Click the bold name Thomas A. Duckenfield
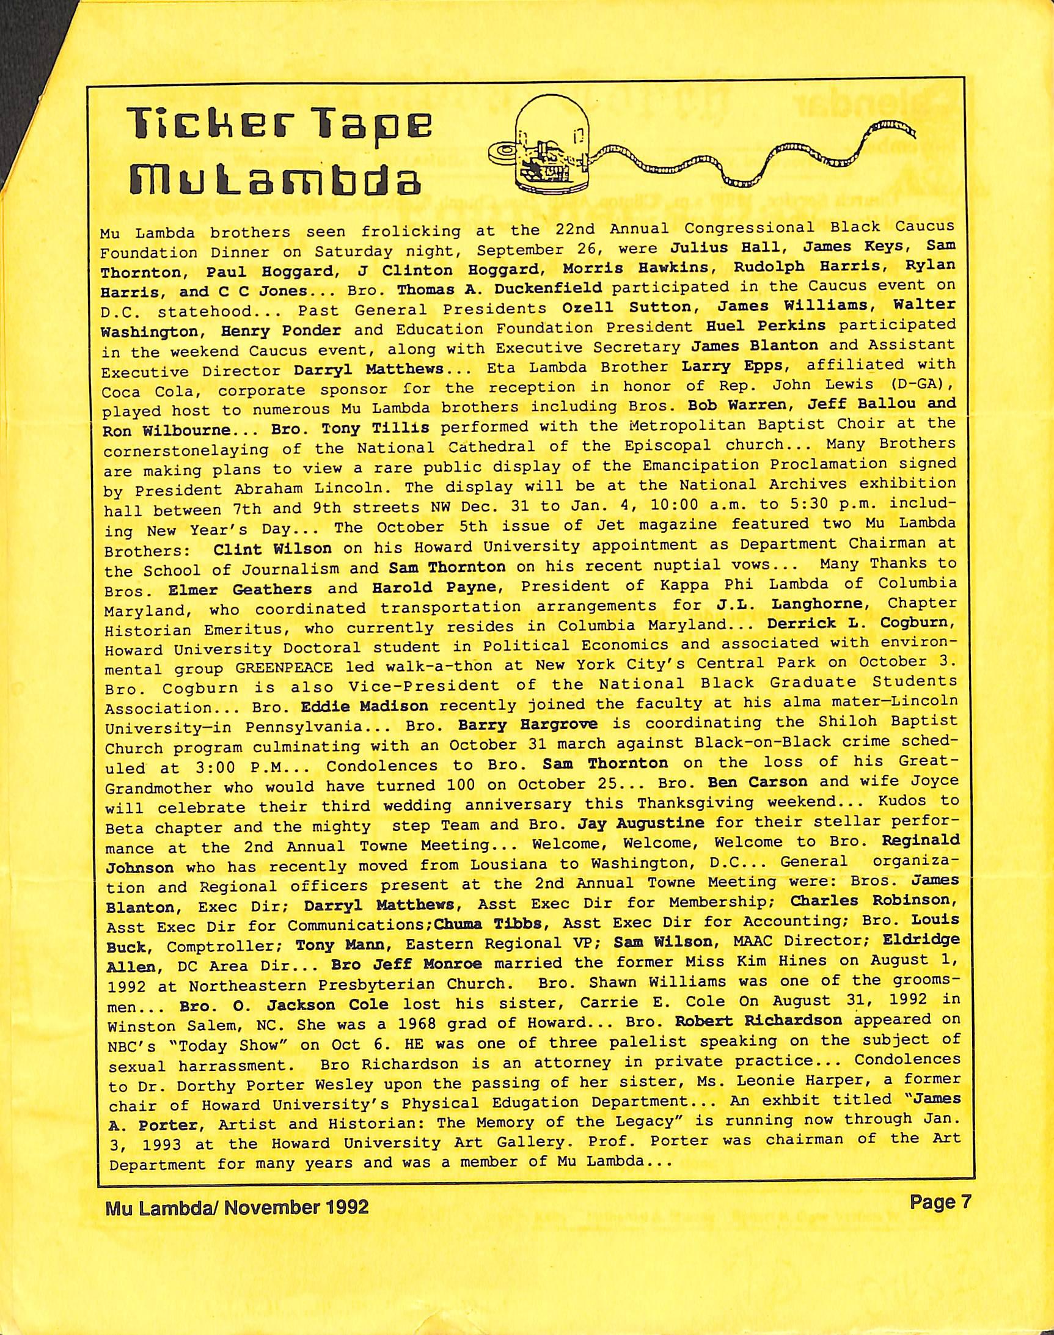click(x=499, y=288)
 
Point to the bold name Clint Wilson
click(x=272, y=549)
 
